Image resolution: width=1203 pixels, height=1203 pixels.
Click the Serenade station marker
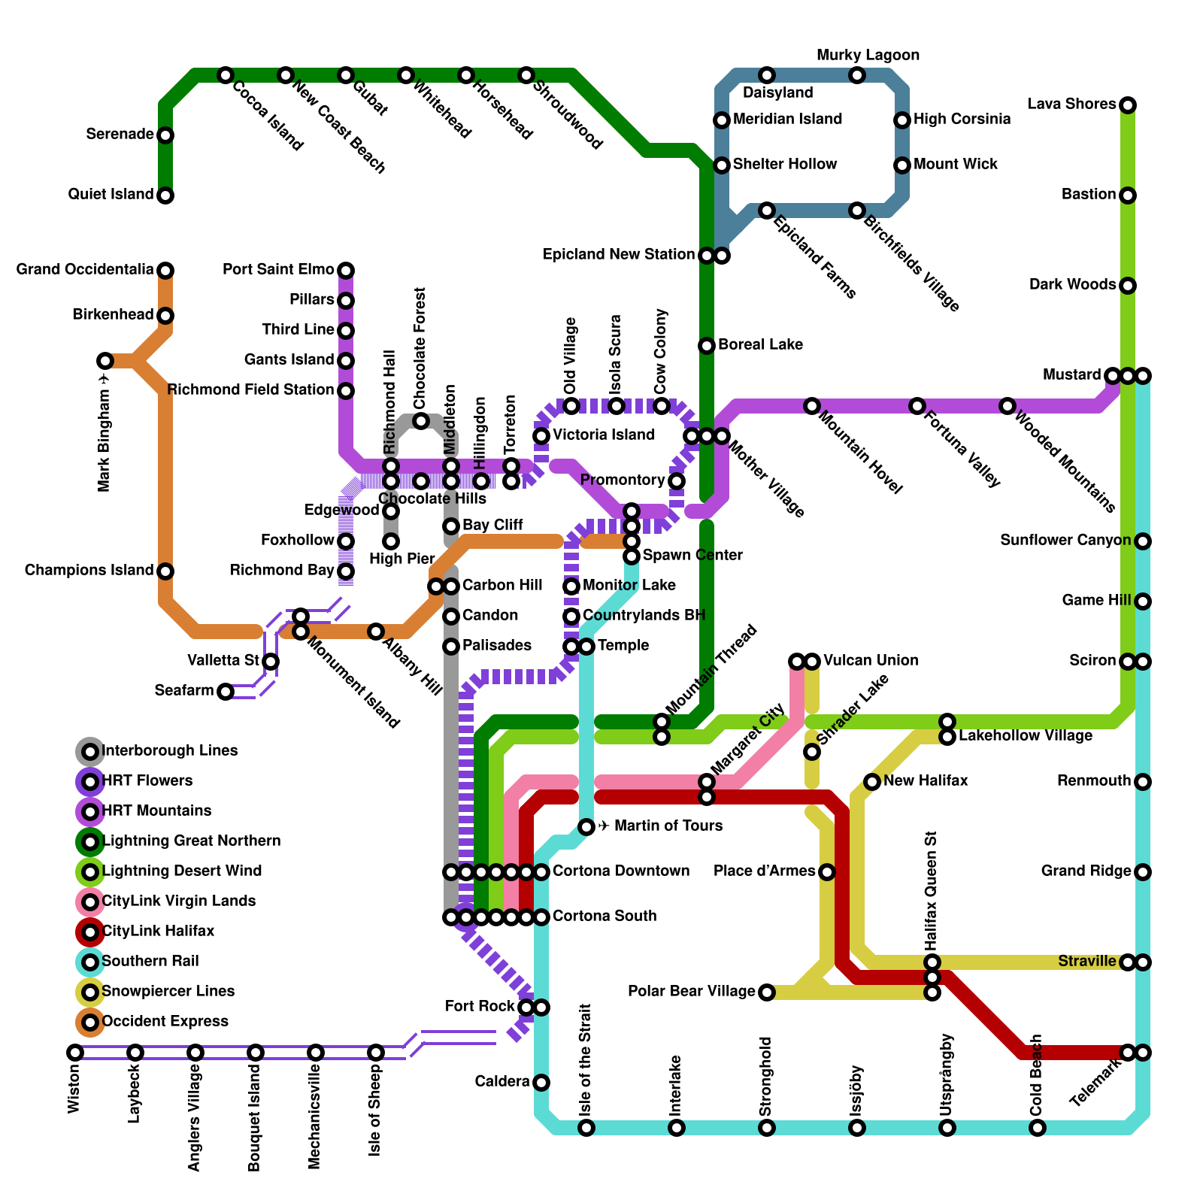(165, 135)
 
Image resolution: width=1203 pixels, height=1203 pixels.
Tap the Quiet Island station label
(111, 195)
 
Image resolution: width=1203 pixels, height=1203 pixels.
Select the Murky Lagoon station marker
(857, 75)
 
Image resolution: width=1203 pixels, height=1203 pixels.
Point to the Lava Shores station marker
(1127, 105)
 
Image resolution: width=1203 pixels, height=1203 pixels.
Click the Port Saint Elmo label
(278, 270)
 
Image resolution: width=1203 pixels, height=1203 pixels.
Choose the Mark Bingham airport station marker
(105, 361)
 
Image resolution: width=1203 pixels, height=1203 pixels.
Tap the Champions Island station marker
(165, 571)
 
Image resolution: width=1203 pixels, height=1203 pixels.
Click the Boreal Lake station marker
(707, 346)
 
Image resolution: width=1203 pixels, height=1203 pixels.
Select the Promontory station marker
(677, 481)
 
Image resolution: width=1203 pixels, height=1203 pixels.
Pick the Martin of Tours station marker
(586, 827)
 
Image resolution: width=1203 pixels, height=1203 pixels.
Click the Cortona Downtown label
(621, 871)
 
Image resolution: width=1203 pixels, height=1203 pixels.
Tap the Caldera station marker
(541, 1083)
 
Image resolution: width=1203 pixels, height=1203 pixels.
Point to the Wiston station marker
(75, 1053)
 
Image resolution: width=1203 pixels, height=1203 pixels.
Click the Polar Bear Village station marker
(766, 992)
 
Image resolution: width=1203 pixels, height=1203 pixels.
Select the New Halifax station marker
(872, 782)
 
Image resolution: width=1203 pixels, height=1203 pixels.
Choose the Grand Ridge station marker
(1143, 872)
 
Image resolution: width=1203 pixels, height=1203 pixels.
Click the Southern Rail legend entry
(150, 962)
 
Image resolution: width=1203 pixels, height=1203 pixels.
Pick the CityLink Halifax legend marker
(90, 932)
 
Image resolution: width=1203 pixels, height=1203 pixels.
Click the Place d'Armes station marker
(827, 872)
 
